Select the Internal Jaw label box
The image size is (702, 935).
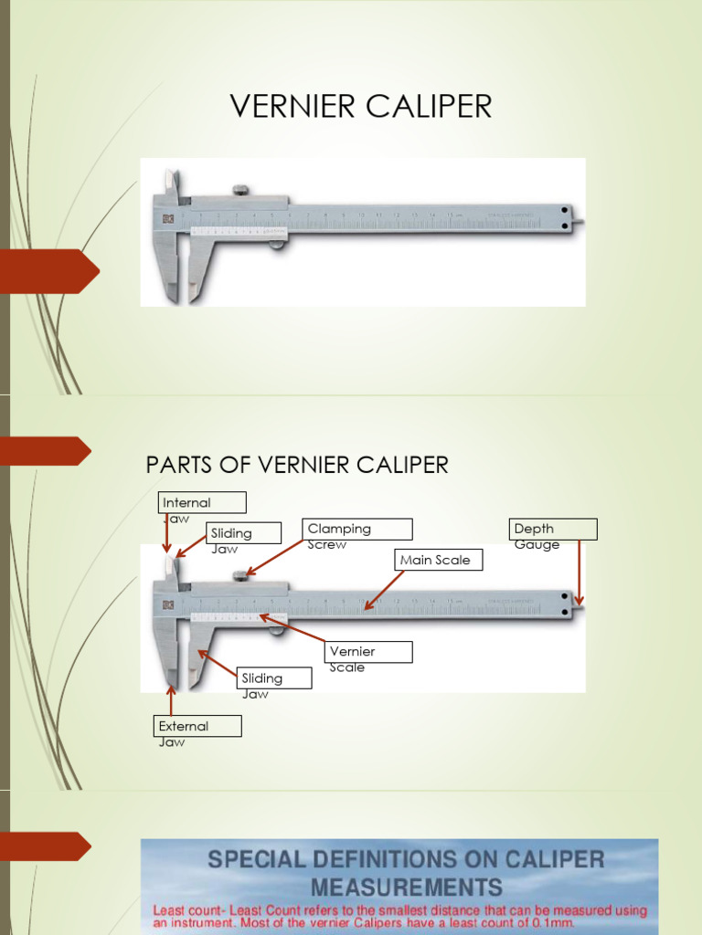coord(202,502)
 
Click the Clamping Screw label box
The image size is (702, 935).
coord(357,530)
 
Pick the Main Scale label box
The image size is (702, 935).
coord(438,560)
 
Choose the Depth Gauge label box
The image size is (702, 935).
coord(553,530)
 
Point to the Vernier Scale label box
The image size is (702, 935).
coord(368,652)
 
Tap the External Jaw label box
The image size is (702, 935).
coord(197,727)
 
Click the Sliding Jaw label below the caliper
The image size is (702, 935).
coord(274,678)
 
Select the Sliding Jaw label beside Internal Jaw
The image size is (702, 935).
coord(242,533)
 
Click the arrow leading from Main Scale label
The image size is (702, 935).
coord(384,590)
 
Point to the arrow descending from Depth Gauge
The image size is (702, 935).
coord(579,573)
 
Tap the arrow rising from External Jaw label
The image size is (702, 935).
coord(170,700)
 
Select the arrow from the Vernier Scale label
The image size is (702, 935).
coord(292,630)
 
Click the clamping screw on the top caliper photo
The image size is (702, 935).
coord(240,191)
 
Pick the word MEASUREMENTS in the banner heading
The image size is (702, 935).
coord(406,887)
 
